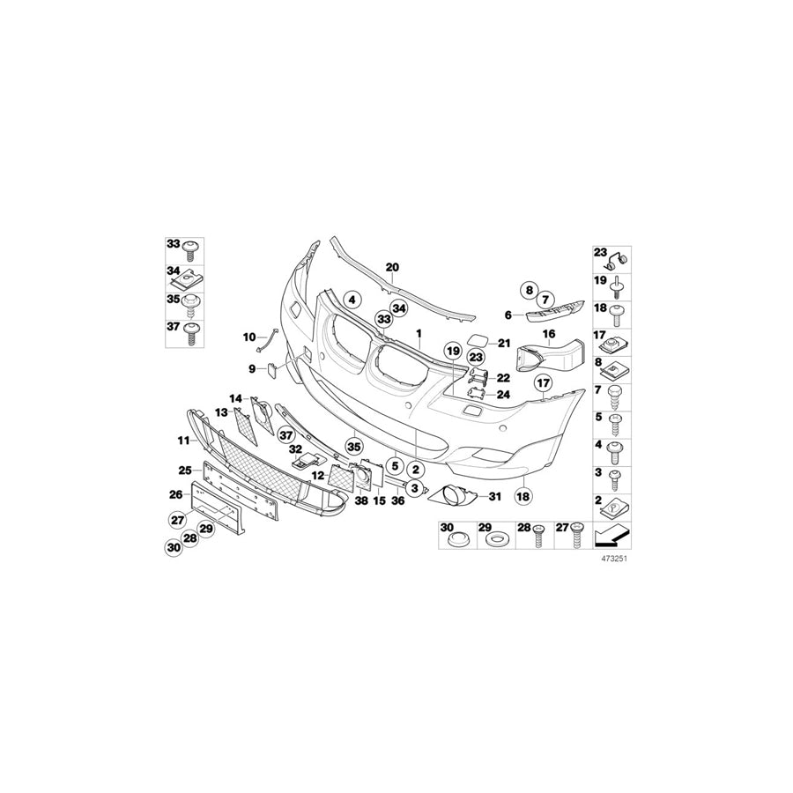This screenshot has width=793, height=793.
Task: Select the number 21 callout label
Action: (504, 343)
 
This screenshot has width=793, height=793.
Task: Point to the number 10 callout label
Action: (249, 337)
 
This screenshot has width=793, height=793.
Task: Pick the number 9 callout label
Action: (251, 367)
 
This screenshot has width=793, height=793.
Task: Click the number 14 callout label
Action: (236, 398)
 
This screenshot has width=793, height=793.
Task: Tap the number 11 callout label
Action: (183, 439)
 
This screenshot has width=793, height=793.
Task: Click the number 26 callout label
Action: (175, 494)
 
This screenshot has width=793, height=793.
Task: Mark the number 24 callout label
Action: (503, 395)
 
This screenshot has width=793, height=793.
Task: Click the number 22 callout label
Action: (503, 377)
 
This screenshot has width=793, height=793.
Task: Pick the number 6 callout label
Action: (508, 315)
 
